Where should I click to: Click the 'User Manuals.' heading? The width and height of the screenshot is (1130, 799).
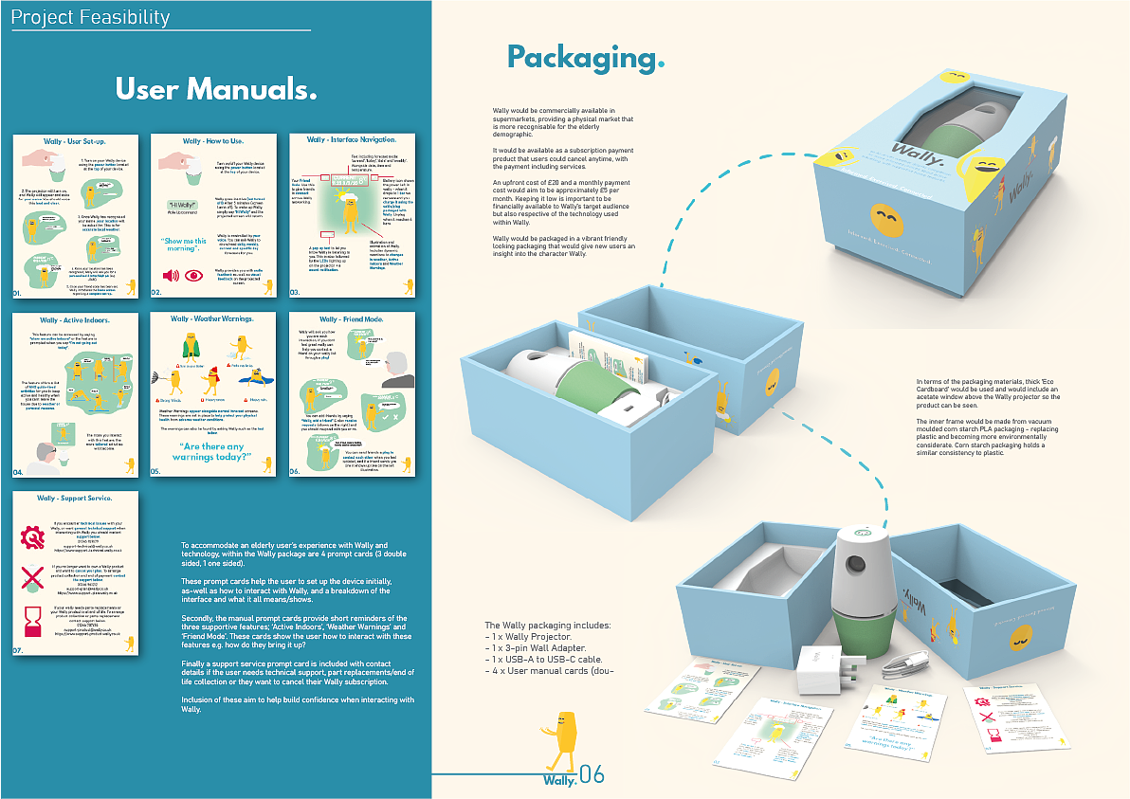click(215, 89)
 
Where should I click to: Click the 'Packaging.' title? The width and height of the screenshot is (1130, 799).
click(586, 57)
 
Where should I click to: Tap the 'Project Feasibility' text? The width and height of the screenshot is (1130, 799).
click(91, 17)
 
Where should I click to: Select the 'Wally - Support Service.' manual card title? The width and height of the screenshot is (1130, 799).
click(75, 498)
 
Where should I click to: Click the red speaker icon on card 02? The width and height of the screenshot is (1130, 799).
click(172, 276)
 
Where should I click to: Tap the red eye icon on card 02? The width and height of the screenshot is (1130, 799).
click(195, 276)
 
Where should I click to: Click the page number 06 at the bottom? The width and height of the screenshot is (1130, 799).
click(591, 775)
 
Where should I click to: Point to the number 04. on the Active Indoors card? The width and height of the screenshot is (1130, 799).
click(18, 471)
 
